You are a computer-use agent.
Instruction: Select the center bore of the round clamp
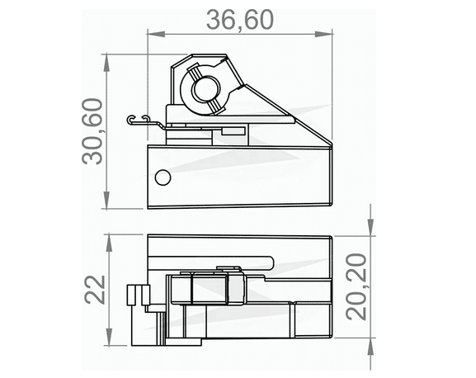[x=205, y=89]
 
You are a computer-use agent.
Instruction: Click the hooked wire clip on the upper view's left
[x=141, y=120]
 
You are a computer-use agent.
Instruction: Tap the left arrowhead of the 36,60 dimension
[x=152, y=34]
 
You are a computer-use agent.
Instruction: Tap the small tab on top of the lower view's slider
[x=224, y=268]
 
